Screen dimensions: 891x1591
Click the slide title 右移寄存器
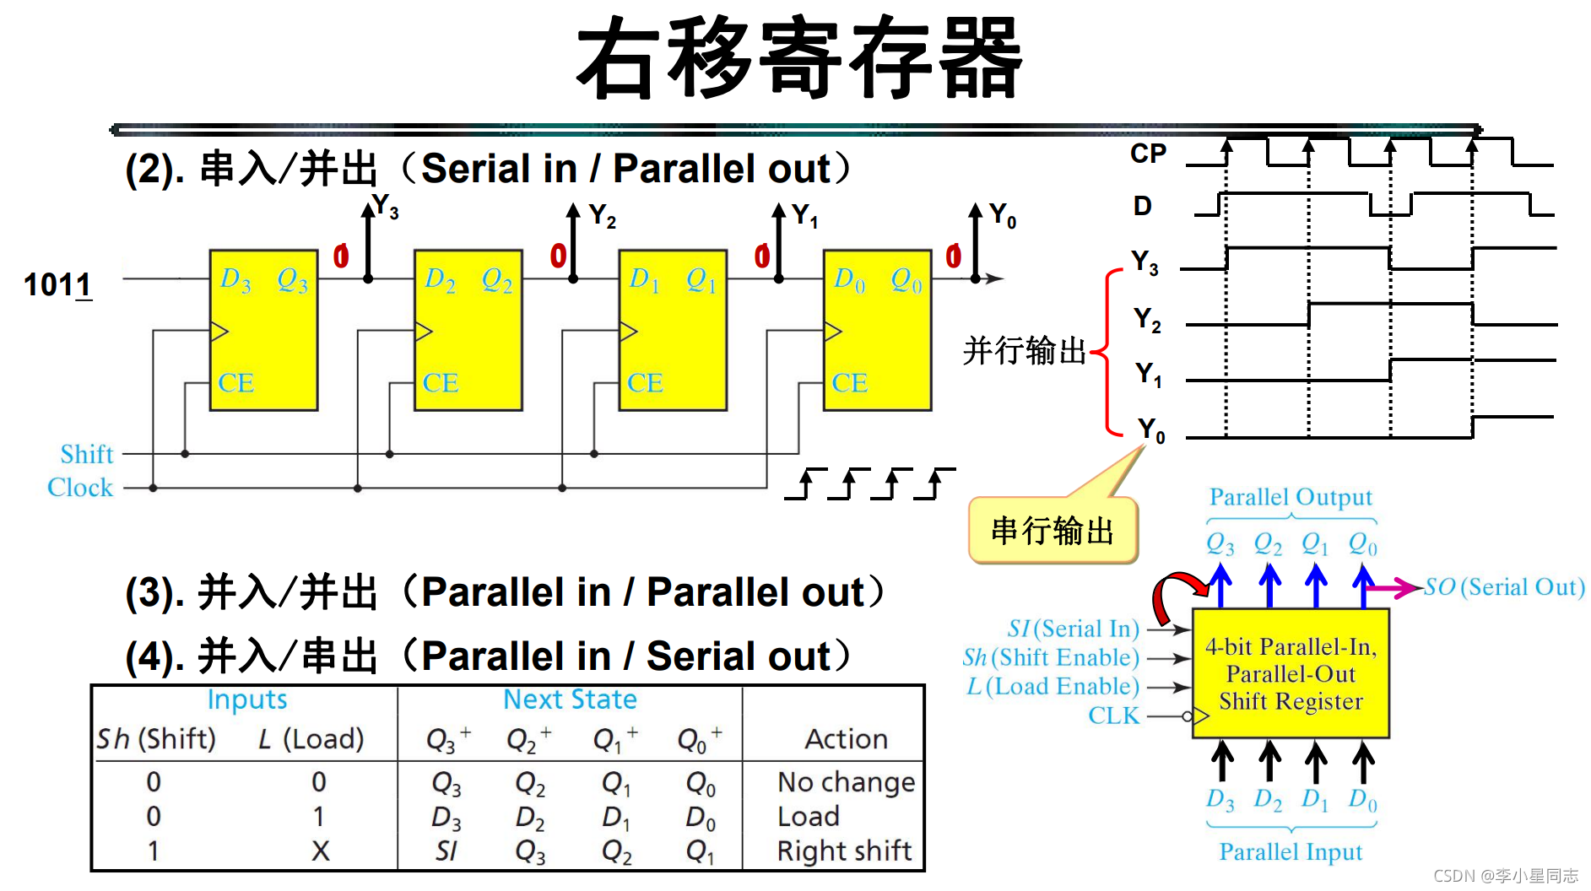point(798,57)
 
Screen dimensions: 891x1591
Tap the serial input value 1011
point(57,285)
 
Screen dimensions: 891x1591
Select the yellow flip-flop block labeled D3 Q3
point(263,330)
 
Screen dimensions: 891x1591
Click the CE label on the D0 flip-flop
point(849,383)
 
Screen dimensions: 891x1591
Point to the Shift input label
point(86,454)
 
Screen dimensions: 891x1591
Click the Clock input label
point(80,488)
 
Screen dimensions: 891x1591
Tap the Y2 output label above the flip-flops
point(602,216)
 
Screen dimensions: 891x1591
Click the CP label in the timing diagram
point(1148,154)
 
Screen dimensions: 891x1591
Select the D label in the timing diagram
point(1142,206)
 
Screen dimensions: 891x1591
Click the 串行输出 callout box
point(1053,531)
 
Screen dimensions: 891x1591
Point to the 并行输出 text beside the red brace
point(1024,350)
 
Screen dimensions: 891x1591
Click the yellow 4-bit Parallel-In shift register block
point(1291,673)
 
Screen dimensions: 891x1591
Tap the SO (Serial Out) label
point(1503,587)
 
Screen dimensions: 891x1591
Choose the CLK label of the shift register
point(1113,715)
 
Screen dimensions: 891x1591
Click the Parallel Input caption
point(1291,852)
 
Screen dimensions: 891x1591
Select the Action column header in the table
point(846,739)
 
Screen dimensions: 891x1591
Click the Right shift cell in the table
point(844,850)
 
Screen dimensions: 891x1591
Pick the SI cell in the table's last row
point(446,851)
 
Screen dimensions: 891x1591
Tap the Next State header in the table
point(570,699)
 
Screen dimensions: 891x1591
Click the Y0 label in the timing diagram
point(1150,430)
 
